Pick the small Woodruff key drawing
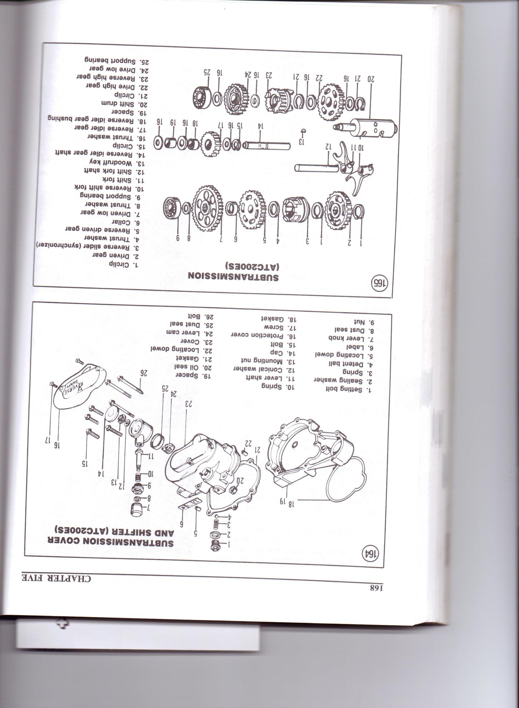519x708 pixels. pyautogui.click(x=302, y=131)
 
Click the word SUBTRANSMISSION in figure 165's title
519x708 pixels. pyautogui.click(x=235, y=277)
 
